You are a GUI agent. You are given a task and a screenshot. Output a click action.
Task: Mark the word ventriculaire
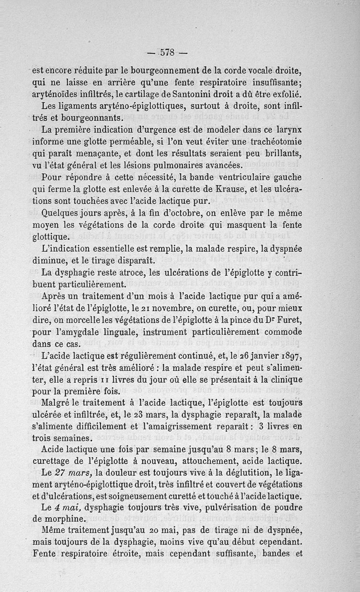coord(234,177)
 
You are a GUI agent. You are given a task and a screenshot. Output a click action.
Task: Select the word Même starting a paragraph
coord(53,531)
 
